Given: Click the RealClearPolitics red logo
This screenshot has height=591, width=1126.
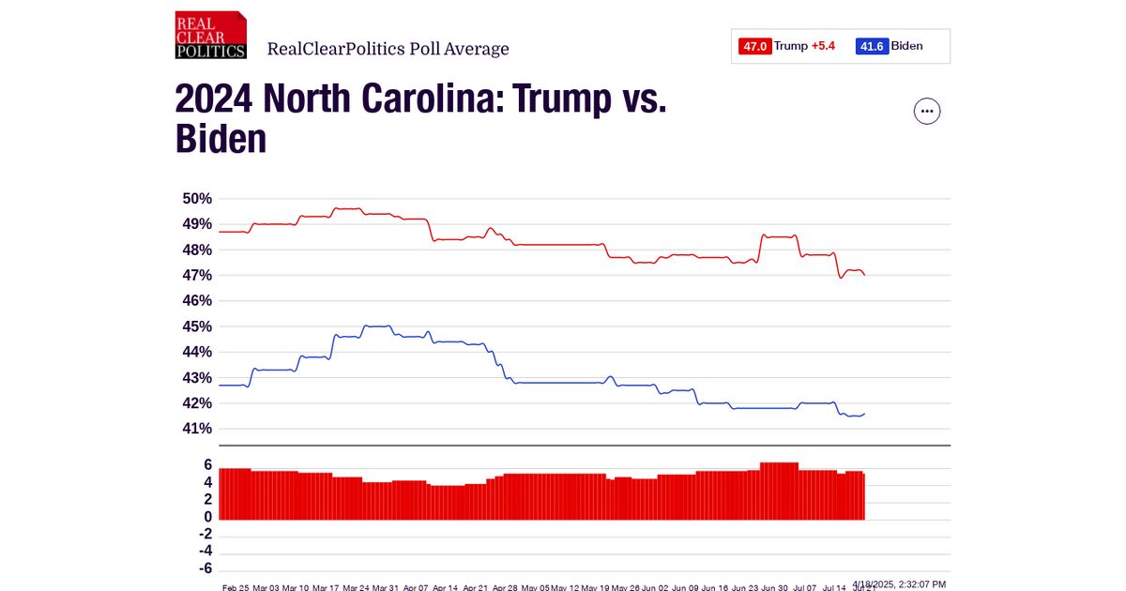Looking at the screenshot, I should coord(211,36).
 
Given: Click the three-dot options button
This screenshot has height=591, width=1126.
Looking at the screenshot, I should coord(927,111).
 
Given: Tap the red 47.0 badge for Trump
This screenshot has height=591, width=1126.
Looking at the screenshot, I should coord(755,46).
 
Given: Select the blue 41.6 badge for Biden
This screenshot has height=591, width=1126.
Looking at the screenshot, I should coord(872,46).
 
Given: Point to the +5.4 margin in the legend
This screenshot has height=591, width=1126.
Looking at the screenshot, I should coord(823,46).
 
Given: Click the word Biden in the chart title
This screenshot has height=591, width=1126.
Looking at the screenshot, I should coord(221,140).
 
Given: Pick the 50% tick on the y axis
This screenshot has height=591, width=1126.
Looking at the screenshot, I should coord(197,199).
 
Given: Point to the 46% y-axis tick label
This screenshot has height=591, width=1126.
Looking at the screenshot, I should coord(197,301).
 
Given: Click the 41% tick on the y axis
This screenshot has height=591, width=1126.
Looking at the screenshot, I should coord(197,429).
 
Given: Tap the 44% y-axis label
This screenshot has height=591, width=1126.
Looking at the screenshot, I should coord(197,352).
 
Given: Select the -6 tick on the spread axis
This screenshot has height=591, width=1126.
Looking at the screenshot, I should coord(204,568).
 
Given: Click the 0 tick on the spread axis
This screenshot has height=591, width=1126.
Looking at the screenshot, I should coord(207,517).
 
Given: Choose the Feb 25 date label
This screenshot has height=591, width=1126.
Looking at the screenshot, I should coord(236,587).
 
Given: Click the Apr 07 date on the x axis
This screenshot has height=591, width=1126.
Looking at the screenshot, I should coord(417,587).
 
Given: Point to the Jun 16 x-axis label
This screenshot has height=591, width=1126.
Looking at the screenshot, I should coord(716,587).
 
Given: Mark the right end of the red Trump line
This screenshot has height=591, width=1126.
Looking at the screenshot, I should coord(864,275).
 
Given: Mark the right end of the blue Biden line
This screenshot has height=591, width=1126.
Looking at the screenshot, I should coord(864,413).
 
